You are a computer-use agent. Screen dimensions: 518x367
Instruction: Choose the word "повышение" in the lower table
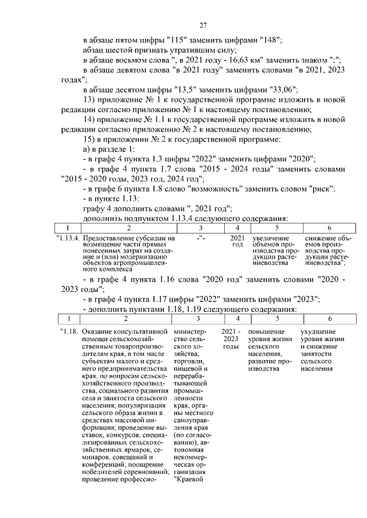click(x=267, y=332)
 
